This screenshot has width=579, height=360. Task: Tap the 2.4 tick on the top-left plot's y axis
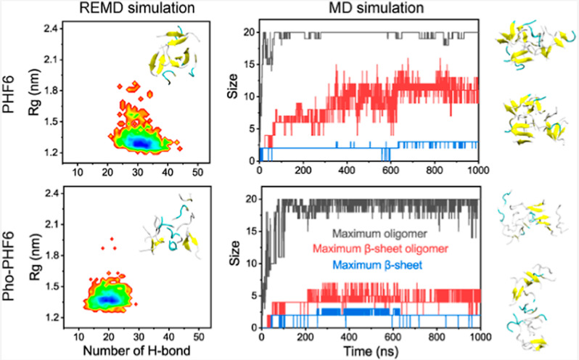click(x=53, y=29)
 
